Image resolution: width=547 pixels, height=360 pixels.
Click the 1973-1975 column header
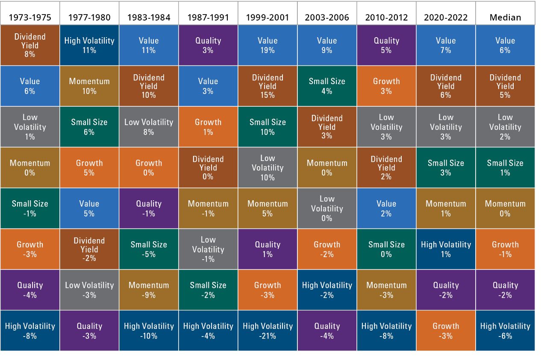pos(30,17)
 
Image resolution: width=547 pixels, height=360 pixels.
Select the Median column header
pos(505,17)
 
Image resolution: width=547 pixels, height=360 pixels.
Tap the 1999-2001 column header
pos(268,17)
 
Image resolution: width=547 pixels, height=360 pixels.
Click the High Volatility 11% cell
pos(89,45)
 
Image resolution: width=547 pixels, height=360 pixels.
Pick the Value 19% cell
pos(268,45)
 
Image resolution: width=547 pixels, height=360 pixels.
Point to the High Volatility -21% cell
pos(268,331)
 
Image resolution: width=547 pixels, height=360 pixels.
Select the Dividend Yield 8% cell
pos(30,45)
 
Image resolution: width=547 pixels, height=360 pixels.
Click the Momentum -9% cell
pos(149,290)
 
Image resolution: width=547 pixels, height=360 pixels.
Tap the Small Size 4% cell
pos(327,86)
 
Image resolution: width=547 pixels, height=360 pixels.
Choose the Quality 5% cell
pos(386,45)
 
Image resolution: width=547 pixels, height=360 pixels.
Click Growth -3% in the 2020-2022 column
pos(446,331)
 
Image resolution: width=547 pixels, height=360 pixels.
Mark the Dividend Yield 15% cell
pos(268,86)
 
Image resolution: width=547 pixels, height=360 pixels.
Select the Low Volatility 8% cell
pos(149,127)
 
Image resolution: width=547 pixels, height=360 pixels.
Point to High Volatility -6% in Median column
pos(505,331)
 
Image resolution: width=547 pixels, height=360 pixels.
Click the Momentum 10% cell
pos(89,86)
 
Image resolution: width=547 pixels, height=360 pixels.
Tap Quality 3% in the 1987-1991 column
pos(208,45)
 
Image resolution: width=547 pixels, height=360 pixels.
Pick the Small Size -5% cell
pos(149,249)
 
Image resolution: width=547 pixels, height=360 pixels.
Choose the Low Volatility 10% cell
pos(268,167)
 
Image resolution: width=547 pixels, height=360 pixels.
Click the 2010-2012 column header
pos(386,17)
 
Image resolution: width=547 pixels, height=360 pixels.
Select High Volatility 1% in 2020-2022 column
pos(446,249)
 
